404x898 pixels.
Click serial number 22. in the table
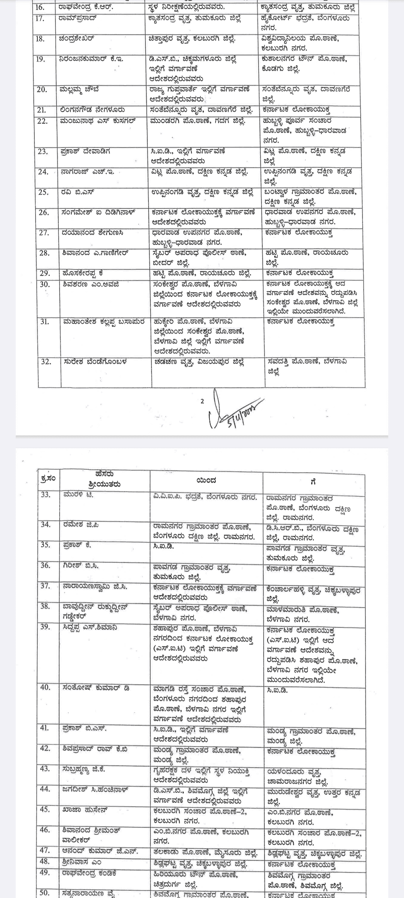(x=44, y=121)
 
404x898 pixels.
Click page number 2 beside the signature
(x=202, y=401)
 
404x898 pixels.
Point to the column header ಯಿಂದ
(x=206, y=480)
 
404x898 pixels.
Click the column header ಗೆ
(x=313, y=482)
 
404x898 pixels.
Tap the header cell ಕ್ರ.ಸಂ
(x=48, y=479)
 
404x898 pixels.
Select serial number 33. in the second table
(x=46, y=495)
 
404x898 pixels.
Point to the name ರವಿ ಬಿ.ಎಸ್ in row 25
(x=78, y=192)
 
